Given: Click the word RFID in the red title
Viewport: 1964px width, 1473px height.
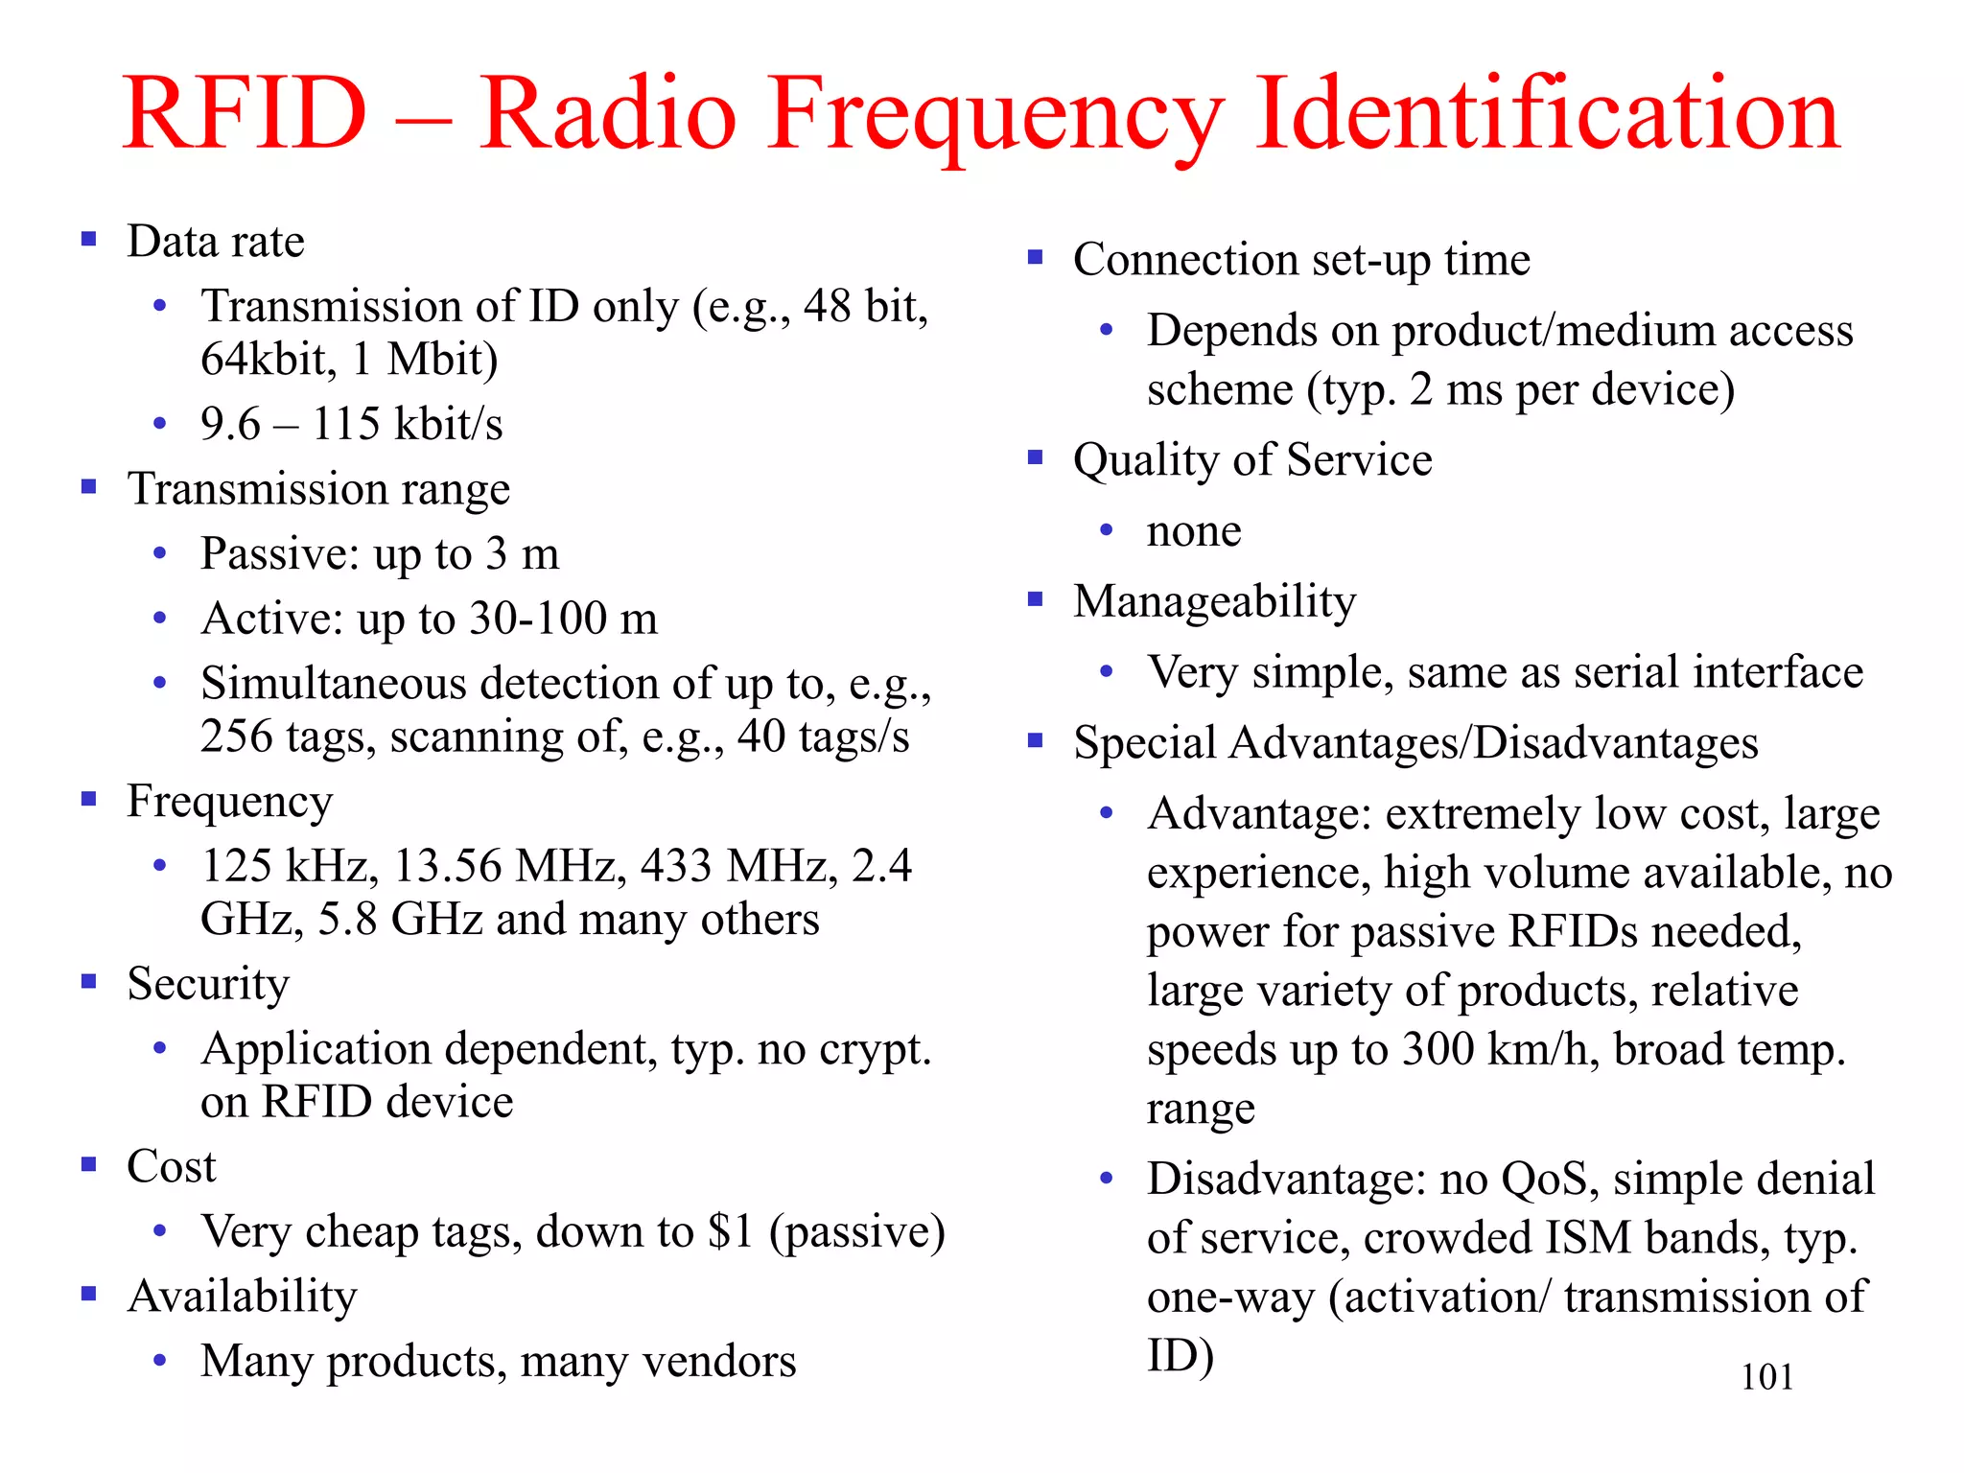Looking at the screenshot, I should [x=245, y=114].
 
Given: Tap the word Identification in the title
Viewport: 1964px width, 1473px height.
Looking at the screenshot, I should [x=1548, y=114].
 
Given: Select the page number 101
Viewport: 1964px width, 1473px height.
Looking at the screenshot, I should [x=1766, y=1377].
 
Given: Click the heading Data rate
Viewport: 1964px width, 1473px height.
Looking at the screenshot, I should [x=216, y=241].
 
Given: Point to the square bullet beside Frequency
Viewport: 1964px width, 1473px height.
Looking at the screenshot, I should [x=89, y=799].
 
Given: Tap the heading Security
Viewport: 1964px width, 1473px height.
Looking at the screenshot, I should [x=208, y=983].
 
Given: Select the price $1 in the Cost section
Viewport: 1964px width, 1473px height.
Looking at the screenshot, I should [x=730, y=1231].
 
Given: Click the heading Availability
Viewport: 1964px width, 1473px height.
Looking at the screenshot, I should [x=242, y=1296].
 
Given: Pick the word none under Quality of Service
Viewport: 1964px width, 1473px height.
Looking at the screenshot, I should [x=1194, y=530].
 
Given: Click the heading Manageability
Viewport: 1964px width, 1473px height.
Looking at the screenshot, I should [x=1214, y=601].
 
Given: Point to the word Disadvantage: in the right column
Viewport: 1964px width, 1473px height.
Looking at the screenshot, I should [x=1281, y=1179].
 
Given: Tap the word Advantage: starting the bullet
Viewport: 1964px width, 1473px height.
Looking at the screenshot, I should [x=1260, y=813].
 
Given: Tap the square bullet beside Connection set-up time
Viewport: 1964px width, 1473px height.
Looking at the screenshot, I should [x=1035, y=258].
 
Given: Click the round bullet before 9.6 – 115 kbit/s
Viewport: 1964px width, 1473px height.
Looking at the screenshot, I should [x=160, y=423].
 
